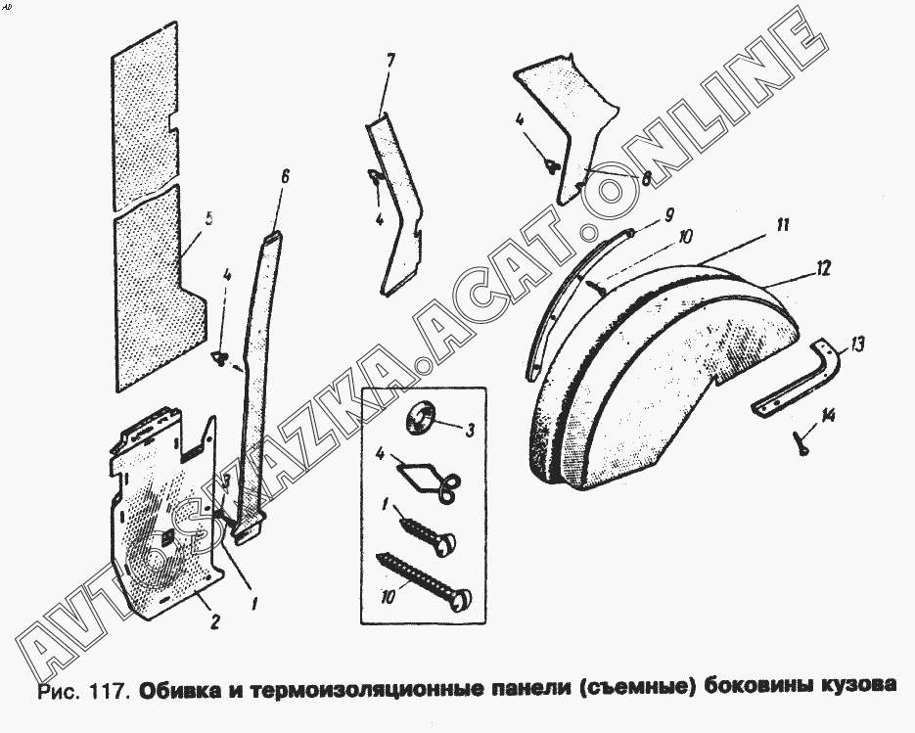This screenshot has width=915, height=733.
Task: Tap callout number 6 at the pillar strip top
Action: click(284, 177)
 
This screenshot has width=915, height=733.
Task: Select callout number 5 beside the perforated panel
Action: click(209, 220)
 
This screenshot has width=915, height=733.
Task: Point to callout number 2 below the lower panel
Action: click(214, 622)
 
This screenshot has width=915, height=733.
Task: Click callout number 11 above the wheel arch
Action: click(783, 225)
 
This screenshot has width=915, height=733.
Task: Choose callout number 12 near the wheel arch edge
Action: click(822, 268)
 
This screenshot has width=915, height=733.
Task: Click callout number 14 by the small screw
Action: click(828, 416)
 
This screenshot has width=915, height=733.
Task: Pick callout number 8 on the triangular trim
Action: click(646, 179)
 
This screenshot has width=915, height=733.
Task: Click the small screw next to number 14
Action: click(801, 442)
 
